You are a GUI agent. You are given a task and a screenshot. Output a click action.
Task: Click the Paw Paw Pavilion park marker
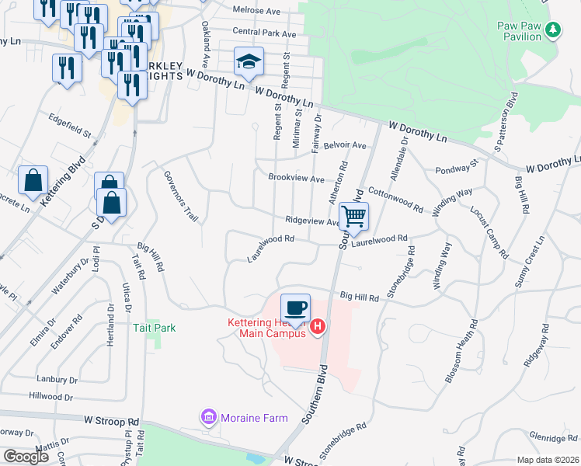[553, 30]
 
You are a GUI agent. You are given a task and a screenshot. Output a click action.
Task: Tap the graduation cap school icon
[249, 62]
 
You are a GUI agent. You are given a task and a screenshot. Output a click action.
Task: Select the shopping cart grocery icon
[353, 217]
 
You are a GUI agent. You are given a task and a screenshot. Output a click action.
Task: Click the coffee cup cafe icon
[295, 308]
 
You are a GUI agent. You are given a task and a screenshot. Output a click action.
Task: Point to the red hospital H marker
[317, 329]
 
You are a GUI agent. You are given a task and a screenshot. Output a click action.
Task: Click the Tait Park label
[154, 328]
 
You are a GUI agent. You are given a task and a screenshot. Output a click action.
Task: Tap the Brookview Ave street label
[296, 178]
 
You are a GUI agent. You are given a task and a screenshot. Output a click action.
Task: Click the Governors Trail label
[181, 196]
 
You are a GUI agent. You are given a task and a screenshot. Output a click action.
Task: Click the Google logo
[26, 457]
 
